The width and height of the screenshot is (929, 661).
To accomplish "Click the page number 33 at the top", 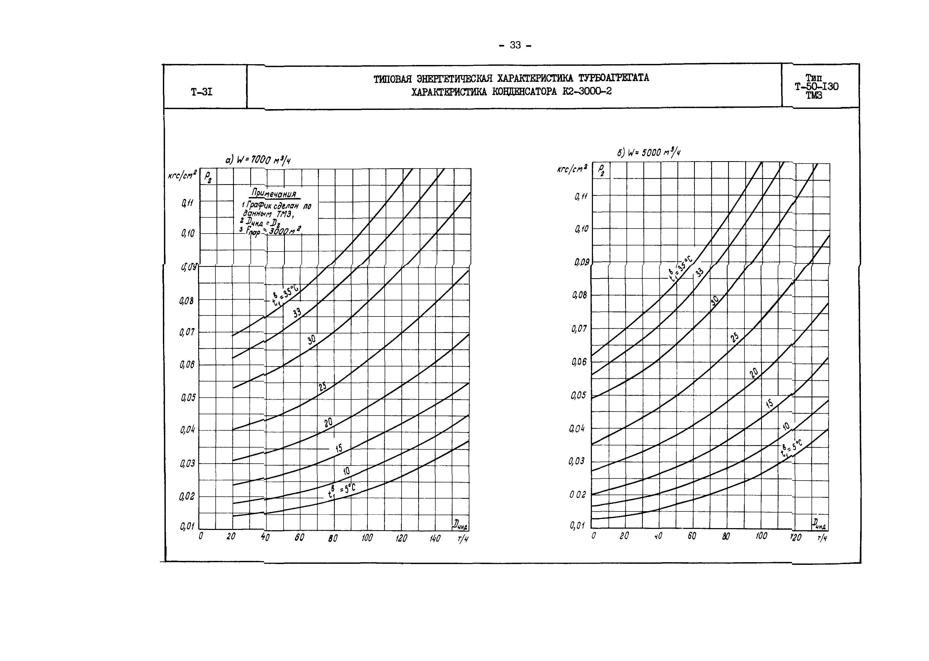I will click(x=515, y=45).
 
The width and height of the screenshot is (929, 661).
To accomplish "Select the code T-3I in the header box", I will click(x=201, y=92).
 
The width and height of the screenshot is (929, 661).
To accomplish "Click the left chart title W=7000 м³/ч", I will click(x=258, y=160).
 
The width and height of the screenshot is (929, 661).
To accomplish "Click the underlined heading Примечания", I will click(x=274, y=193).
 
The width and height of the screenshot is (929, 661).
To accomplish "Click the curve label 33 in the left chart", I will click(x=297, y=313).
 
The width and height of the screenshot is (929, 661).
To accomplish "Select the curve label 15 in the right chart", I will click(x=769, y=403).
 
